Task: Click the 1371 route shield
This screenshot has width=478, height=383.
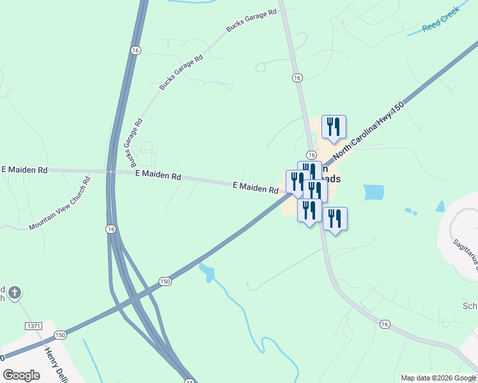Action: click(34, 326)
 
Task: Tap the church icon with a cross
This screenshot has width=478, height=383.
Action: click(14, 294)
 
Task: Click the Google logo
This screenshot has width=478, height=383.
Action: click(21, 375)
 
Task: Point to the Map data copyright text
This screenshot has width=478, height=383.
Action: click(439, 378)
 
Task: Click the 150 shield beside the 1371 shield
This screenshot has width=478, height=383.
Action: click(60, 335)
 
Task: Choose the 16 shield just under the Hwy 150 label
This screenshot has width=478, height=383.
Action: click(311, 155)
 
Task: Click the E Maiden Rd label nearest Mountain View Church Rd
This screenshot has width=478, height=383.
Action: click(24, 170)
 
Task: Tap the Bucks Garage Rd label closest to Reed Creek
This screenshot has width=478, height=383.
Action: click(252, 20)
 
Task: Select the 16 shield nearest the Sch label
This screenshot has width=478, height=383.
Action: click(384, 324)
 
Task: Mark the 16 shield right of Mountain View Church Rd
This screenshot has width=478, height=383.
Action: click(111, 229)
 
